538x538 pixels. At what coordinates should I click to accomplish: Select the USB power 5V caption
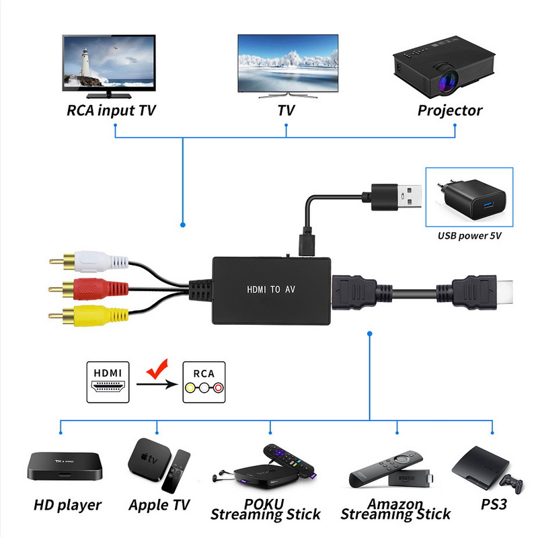(x=470, y=236)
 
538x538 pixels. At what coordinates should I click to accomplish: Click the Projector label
(x=450, y=110)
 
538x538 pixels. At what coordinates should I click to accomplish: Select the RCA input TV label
(x=111, y=110)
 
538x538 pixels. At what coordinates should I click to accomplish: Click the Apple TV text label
(x=159, y=504)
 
